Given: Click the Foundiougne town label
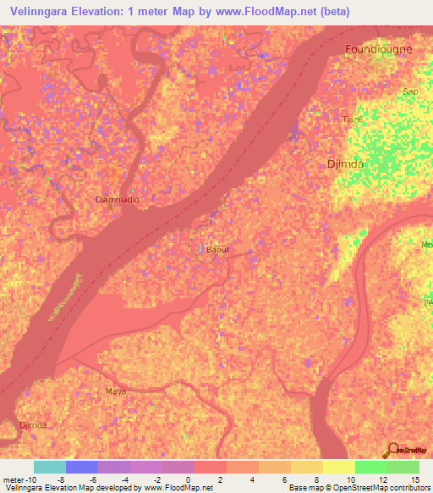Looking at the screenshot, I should pyautogui.click(x=378, y=49).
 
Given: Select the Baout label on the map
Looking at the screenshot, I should pyautogui.click(x=217, y=250).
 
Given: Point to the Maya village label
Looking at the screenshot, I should pyautogui.click(x=115, y=391).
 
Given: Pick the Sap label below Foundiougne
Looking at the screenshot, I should pyautogui.click(x=411, y=91).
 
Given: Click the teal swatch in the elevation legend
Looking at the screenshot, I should pyautogui.click(x=49, y=467).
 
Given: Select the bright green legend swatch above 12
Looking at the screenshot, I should pyautogui.click(x=371, y=467).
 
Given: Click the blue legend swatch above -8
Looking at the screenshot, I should pyautogui.click(x=82, y=467).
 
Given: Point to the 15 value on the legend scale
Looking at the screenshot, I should pyautogui.click(x=414, y=479).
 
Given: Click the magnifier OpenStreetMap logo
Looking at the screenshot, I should pyautogui.click(x=392, y=451).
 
